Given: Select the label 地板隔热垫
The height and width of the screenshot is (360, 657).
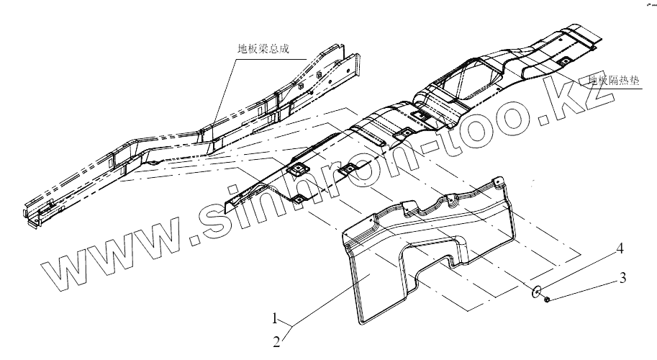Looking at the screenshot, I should pyautogui.click(x=613, y=81).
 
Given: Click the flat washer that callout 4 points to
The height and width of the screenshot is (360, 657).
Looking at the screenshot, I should pyautogui.click(x=537, y=292).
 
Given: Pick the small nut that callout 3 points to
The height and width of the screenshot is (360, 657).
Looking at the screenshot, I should pyautogui.click(x=548, y=298).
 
